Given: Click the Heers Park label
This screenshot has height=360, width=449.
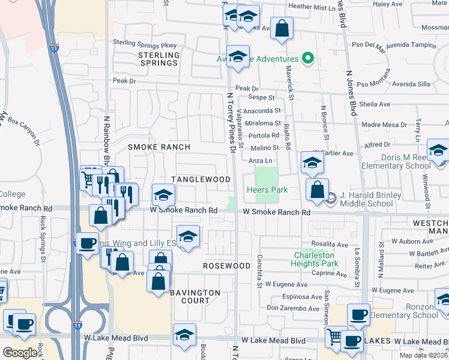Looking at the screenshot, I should click(267, 190).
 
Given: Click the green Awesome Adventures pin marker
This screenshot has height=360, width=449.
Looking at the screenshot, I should click(309, 59).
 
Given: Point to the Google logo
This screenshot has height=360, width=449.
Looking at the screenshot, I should click(20, 352).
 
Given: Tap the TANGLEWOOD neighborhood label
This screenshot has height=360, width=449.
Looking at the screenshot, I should click(201, 179).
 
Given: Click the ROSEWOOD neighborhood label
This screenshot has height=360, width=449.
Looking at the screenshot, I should click(226, 265).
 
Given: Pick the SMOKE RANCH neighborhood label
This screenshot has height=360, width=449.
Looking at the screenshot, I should click(159, 147).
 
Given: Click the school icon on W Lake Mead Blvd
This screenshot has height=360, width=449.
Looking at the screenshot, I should click(184, 335).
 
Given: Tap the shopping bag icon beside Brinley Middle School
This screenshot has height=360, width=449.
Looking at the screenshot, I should click(317, 190).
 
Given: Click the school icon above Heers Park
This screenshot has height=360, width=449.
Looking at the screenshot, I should click(312, 162).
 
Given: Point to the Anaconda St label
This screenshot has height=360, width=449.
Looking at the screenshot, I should click(262, 110).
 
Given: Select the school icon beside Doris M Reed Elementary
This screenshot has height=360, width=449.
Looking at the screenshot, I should click(438, 149).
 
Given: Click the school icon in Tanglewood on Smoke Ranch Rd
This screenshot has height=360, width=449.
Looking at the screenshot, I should click(163, 194).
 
